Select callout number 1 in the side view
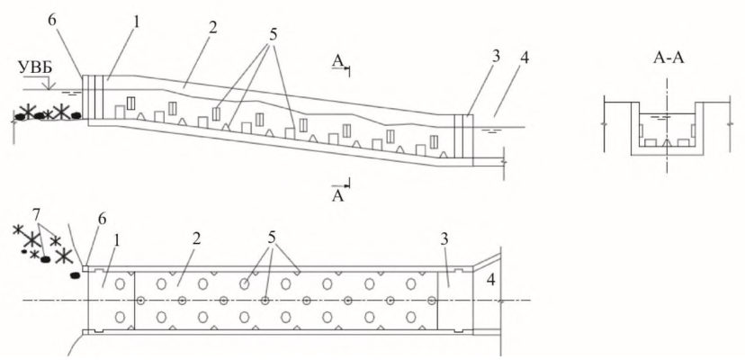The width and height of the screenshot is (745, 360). [x=135, y=22]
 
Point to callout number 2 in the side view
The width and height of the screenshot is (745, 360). [x=212, y=27]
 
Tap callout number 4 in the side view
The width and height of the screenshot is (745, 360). [x=524, y=58]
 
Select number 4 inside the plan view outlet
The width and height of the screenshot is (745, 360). [x=490, y=280]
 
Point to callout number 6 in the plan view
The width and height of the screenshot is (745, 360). [x=102, y=220]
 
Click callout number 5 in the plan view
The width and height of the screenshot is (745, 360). [x=272, y=238]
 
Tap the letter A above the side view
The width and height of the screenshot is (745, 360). [x=337, y=61]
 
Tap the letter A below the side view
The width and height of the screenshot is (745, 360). [x=337, y=196]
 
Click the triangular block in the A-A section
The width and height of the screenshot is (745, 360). [x=667, y=143]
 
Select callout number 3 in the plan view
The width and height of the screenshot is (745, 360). [x=444, y=239]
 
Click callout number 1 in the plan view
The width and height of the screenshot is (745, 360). [x=117, y=240]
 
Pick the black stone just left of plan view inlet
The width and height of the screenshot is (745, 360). [x=75, y=275]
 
